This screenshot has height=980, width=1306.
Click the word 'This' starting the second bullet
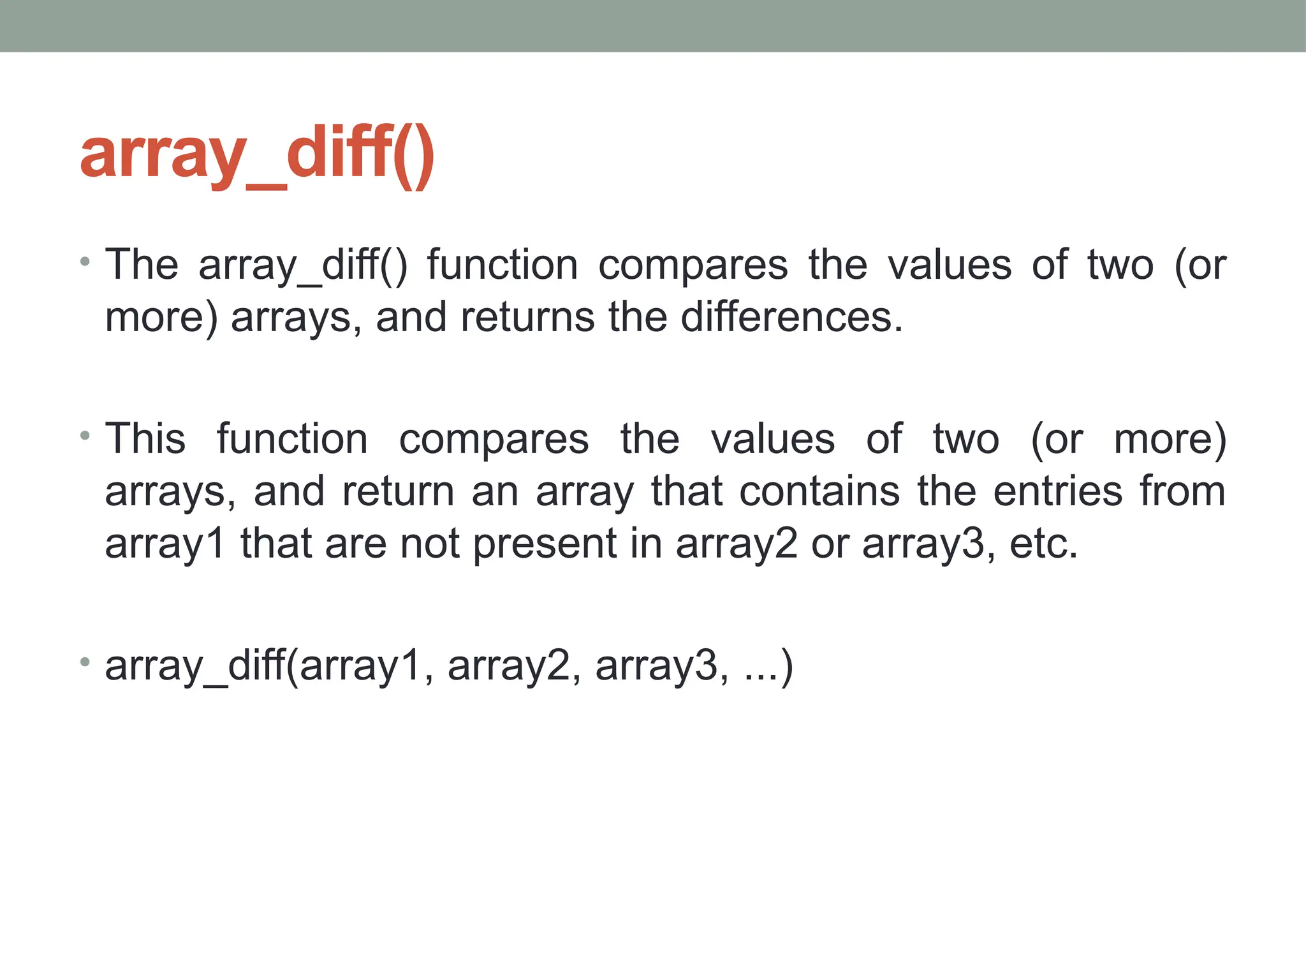tap(145, 439)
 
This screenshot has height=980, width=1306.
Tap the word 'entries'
tap(1058, 491)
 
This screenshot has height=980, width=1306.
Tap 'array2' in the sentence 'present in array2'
tap(737, 544)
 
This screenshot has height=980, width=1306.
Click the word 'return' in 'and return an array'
tap(398, 491)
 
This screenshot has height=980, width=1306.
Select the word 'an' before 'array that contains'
tap(495, 491)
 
